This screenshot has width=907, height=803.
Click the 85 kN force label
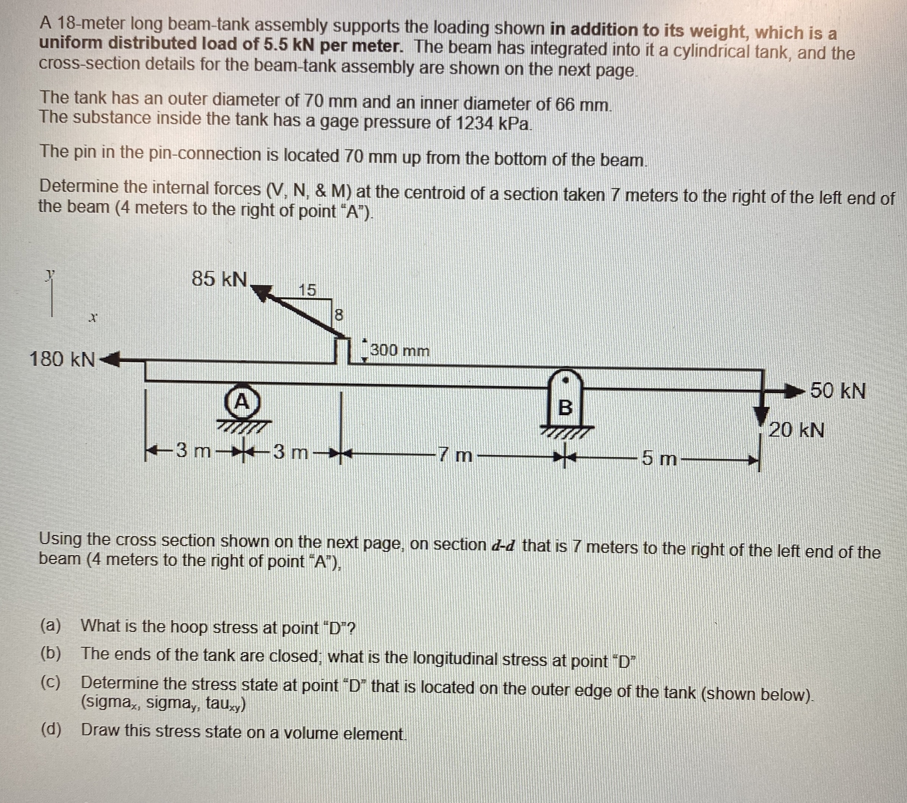(219, 279)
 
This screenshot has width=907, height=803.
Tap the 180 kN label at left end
(62, 359)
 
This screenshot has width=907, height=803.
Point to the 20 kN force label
(796, 430)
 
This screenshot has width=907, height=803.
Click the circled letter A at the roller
(242, 402)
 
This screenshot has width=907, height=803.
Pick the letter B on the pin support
(565, 407)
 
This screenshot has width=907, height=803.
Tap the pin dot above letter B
(565, 380)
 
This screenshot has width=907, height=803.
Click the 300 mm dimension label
(400, 350)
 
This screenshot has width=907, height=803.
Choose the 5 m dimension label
(659, 458)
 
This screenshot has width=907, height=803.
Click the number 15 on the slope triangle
(307, 290)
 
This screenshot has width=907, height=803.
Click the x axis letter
(92, 318)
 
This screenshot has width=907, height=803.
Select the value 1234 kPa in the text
(493, 123)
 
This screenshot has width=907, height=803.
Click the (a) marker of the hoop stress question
(50, 626)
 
